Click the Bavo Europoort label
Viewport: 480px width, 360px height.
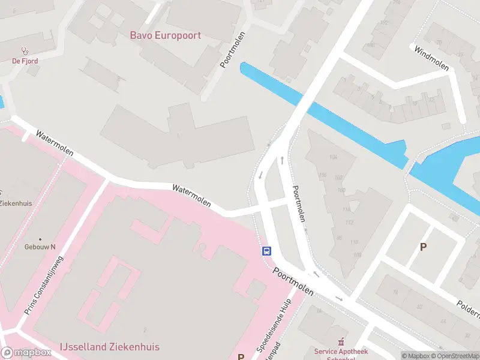pos(166,35)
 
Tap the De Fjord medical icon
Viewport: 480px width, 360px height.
pos(25,51)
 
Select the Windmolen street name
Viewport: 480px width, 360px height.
pos(431,58)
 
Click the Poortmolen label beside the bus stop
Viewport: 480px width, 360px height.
pos(293,281)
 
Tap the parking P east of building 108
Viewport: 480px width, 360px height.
pos(423,247)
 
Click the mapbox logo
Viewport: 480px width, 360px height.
pos(26,353)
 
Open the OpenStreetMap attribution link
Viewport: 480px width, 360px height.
pos(454,356)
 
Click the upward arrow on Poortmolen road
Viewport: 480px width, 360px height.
pos(282,160)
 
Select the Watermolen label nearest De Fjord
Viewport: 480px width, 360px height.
pos(55,143)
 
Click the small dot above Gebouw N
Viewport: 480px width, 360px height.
pos(40,239)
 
